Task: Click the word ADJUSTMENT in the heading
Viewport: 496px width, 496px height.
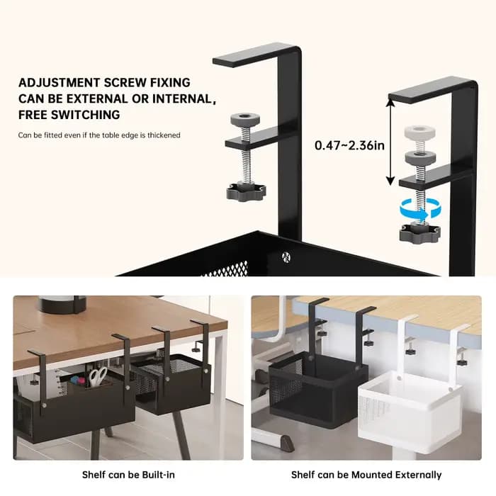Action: pyautogui.click(x=59, y=83)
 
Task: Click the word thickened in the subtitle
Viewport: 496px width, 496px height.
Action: pyautogui.click(x=164, y=135)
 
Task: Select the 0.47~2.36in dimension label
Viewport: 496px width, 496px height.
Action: pyautogui.click(x=349, y=145)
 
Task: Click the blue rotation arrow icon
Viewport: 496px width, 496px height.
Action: pyautogui.click(x=421, y=209)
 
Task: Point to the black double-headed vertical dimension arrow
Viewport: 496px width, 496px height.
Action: pyautogui.click(x=390, y=142)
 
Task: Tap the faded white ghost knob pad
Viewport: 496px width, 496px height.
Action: pyautogui.click(x=419, y=132)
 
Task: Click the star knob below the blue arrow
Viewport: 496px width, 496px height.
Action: pyautogui.click(x=419, y=232)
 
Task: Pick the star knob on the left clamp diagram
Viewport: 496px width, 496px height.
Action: pyautogui.click(x=246, y=192)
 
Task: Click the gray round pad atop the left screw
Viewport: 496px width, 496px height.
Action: pyautogui.click(x=245, y=119)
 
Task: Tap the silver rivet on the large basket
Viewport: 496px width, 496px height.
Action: pyautogui.click(x=286, y=256)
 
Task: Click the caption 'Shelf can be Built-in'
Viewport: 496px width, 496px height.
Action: pyautogui.click(x=128, y=475)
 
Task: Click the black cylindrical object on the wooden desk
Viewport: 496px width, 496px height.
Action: pyautogui.click(x=62, y=304)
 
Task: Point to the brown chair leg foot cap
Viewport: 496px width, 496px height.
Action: pyautogui.click(x=287, y=443)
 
